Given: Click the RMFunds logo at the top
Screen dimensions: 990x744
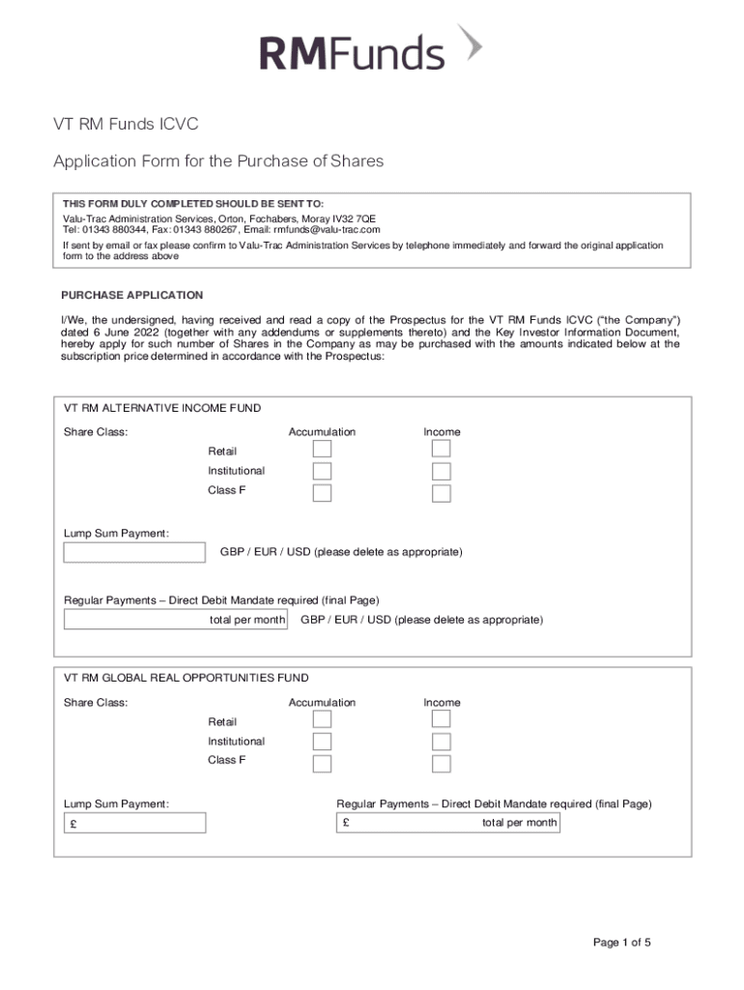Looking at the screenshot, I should pos(370,49).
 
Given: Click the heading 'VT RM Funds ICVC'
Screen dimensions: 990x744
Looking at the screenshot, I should pos(126,125).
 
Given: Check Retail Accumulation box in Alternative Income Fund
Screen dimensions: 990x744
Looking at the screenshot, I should pos(322,450).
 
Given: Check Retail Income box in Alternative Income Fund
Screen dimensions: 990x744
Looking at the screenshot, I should pos(442,450).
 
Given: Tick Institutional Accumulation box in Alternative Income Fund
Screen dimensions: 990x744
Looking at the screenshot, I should pos(322,471).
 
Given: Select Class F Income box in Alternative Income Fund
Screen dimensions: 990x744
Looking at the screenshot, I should pos(442,493).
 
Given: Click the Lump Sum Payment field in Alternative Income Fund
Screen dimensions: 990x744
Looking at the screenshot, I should pos(134,552).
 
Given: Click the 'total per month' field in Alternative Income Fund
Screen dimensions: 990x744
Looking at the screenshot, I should pos(175,619).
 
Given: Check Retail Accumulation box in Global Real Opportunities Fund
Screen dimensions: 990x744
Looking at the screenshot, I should pos(322,720).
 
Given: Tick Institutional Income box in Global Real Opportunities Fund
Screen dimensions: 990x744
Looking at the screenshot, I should pos(442,742).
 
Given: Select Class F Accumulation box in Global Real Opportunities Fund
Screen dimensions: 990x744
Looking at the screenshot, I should pos(322,764).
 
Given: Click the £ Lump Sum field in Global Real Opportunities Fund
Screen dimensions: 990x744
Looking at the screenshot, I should pos(134,823).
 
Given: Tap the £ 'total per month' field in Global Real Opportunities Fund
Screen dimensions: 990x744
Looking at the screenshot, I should pos(448,823).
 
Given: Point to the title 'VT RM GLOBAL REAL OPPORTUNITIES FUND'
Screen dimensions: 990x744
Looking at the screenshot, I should pos(186,679).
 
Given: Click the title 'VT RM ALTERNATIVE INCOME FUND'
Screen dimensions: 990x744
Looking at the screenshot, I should pos(162,408).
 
